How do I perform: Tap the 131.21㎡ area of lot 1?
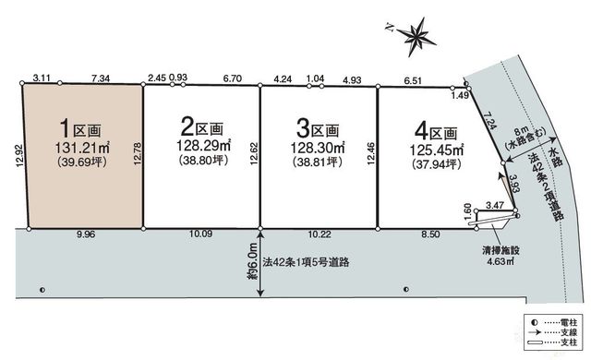point(82,148)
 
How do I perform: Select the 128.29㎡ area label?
point(203,145)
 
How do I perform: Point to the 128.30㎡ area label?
point(318,148)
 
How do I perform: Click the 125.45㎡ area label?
point(437,150)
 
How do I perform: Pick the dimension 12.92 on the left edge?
point(20,156)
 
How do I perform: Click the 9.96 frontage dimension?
point(86,234)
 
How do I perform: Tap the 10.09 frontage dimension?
point(202,234)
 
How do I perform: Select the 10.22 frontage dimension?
point(320,234)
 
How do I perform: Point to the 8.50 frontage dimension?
point(430,234)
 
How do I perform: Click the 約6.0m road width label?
point(253,261)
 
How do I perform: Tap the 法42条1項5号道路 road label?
point(306,262)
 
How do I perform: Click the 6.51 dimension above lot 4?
point(413,80)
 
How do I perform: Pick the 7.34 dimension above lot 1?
point(101,78)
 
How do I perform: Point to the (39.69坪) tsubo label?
point(82,162)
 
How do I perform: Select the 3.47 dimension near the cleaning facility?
point(495,205)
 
